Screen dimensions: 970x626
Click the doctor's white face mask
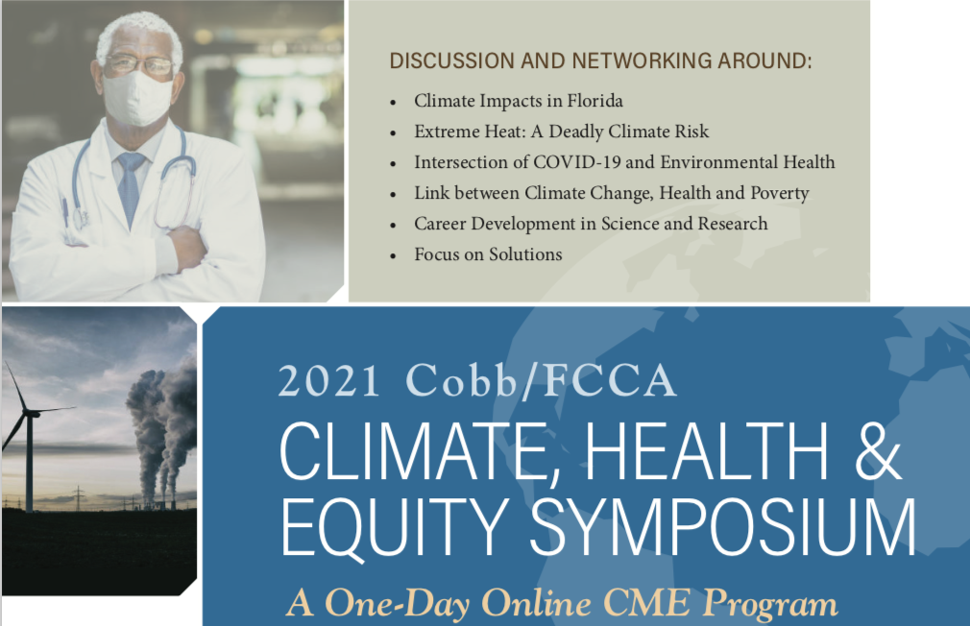click(x=136, y=98)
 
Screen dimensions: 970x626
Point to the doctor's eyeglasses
click(x=138, y=64)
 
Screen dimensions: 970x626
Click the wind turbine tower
click(x=29, y=464)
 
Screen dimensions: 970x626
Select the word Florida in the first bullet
click(x=595, y=101)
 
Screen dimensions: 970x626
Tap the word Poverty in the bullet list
click(x=780, y=194)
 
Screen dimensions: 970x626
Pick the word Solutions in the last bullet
click(x=525, y=254)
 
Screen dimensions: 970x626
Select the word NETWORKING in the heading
click(x=642, y=60)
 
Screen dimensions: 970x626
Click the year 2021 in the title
click(x=328, y=380)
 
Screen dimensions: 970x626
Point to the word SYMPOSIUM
click(x=722, y=526)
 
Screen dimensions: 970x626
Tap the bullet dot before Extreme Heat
click(x=393, y=133)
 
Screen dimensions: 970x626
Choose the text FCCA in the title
click(x=609, y=380)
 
